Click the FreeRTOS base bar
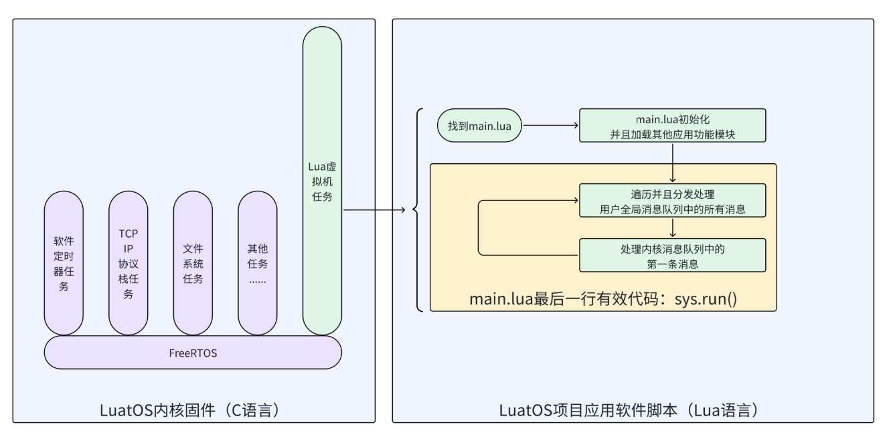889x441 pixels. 193,352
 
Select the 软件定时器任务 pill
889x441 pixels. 64,263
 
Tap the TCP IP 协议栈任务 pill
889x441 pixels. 128,263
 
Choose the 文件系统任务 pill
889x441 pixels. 193,263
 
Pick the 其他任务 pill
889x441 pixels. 258,263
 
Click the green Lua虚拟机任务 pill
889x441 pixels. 322,181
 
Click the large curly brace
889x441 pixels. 419,210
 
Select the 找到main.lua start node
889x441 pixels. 479,125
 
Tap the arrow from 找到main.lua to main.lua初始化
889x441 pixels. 550,125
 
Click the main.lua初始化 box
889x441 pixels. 672,125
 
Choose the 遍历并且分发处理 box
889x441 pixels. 672,201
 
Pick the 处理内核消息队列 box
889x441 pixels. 672,255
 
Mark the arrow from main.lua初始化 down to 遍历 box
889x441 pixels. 673,162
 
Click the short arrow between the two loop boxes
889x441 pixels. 673,228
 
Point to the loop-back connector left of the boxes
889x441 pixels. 479,228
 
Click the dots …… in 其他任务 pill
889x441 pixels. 258,280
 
